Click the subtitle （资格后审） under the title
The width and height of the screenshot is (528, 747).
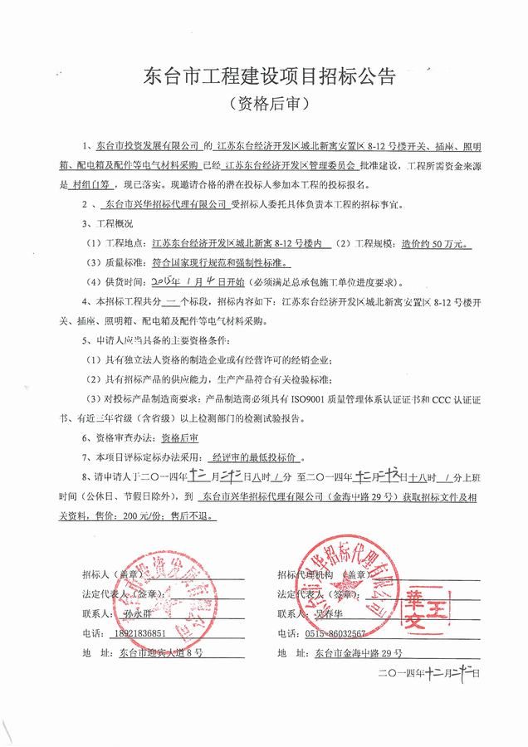click(263, 104)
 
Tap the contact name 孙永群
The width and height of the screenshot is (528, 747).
click(138, 615)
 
